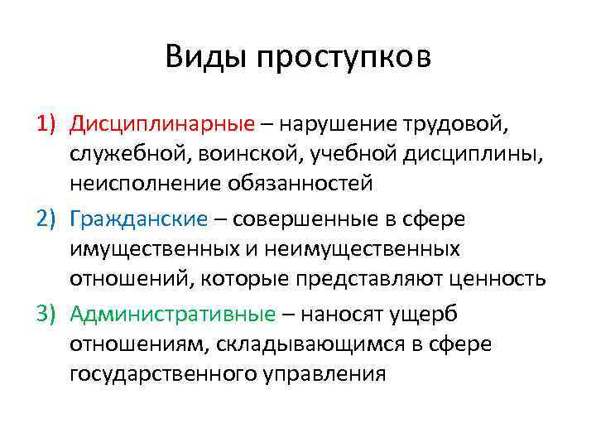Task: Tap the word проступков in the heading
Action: [x=343, y=60]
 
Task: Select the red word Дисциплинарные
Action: [x=162, y=124]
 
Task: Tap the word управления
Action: [x=325, y=373]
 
